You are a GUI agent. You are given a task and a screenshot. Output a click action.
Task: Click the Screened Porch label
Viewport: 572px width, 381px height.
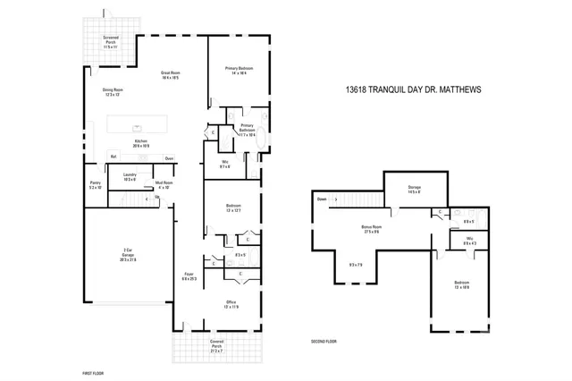[x=111, y=40]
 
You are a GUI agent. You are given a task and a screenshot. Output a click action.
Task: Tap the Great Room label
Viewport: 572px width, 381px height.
[x=170, y=74]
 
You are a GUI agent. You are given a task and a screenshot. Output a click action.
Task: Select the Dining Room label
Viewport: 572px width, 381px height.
[x=113, y=91]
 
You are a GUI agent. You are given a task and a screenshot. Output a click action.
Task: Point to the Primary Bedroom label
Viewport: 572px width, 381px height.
[x=236, y=71]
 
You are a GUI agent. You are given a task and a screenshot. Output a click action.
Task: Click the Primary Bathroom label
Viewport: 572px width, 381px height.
[x=247, y=130]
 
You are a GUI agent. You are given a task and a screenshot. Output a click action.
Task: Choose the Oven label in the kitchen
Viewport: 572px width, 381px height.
[x=168, y=157]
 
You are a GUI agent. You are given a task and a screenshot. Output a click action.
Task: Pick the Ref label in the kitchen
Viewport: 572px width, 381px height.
[x=114, y=157]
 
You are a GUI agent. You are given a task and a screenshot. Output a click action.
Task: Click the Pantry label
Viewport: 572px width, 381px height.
[x=96, y=184]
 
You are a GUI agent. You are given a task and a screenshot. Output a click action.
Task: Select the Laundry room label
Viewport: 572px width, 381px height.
[x=129, y=176]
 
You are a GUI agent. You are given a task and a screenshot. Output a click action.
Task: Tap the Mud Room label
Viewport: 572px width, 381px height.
[x=164, y=184]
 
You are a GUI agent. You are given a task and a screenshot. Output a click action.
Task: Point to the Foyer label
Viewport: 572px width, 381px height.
[x=189, y=276]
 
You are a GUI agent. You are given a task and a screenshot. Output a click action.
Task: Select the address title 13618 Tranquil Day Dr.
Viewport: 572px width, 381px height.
[x=413, y=89]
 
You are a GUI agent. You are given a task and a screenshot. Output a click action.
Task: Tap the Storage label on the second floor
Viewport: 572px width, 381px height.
[x=414, y=189]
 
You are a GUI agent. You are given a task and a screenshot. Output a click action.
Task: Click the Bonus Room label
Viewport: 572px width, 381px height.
[x=371, y=229]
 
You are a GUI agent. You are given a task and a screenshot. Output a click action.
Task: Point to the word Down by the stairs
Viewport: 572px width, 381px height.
[x=322, y=199]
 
